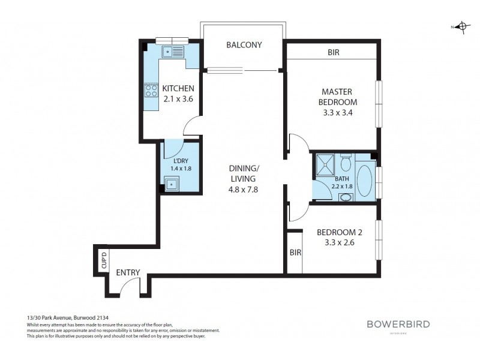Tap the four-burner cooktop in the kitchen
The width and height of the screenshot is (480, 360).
point(150,91)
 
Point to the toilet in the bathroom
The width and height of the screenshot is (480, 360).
point(345,164)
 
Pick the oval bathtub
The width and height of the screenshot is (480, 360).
point(365,181)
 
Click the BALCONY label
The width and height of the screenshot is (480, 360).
point(244,45)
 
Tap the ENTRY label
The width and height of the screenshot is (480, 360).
point(128,273)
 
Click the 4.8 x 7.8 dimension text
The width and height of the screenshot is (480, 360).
point(243,189)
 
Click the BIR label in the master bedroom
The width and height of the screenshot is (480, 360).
point(334,53)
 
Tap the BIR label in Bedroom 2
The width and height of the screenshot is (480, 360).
point(295,253)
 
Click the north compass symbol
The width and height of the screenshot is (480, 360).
point(461,26)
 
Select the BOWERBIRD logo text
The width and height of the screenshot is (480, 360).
point(398,325)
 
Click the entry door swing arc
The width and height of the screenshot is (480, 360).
point(127,287)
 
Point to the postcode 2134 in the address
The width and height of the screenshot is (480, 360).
point(104,317)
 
